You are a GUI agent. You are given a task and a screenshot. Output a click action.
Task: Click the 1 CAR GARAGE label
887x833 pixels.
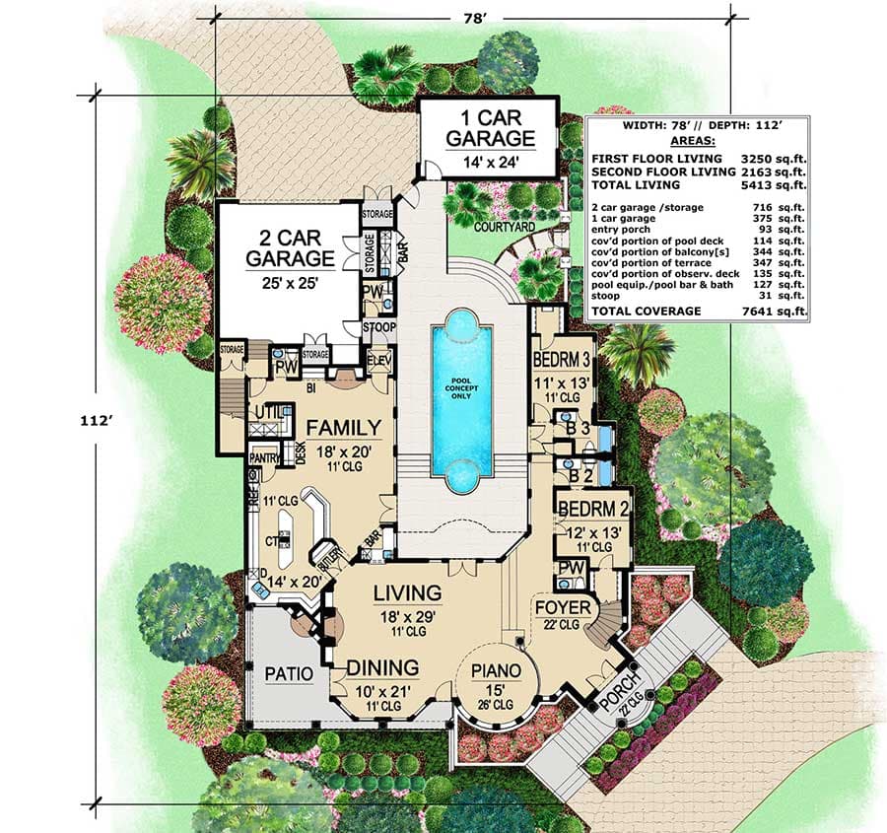pos(489,128)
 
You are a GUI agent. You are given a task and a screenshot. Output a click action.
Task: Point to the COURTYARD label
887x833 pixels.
pos(503,226)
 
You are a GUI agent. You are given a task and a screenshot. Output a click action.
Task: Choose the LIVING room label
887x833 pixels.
pos(406,592)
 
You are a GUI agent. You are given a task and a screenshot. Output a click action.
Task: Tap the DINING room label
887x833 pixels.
pos(382,666)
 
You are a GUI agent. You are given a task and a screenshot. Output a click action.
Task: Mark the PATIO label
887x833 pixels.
pos(290,674)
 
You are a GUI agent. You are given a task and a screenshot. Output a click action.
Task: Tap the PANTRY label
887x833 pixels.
pos(264,457)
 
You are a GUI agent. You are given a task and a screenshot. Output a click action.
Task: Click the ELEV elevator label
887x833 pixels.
pos(379,360)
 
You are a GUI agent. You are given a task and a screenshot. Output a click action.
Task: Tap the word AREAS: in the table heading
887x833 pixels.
pos(697,141)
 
